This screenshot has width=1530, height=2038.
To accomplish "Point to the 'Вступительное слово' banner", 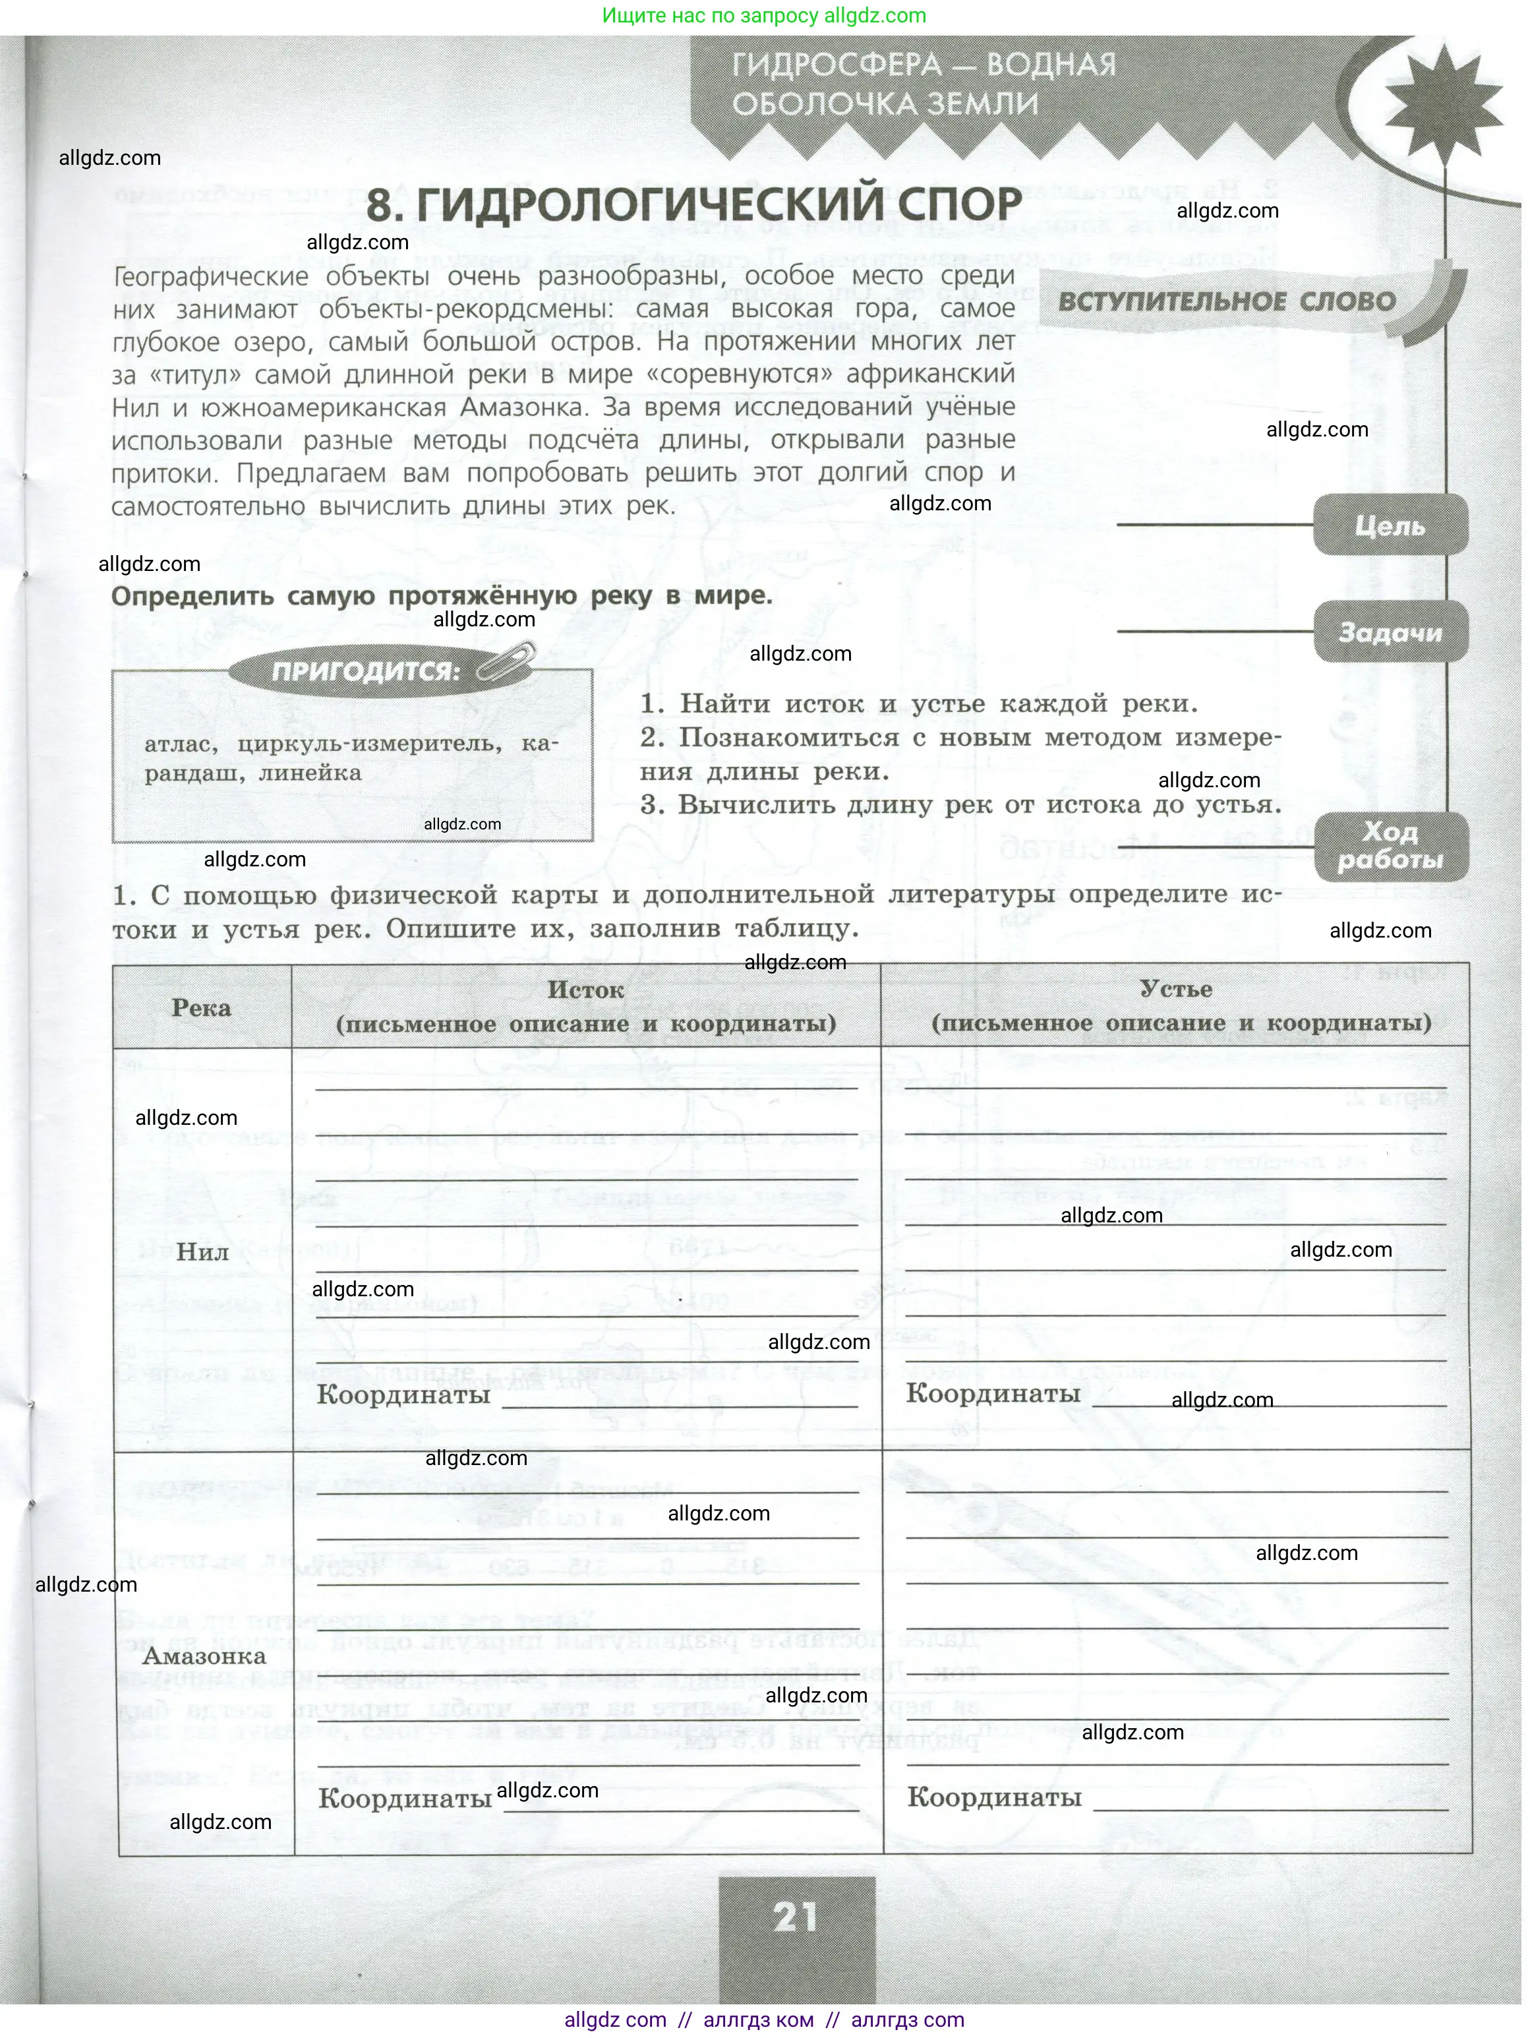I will [x=1226, y=302].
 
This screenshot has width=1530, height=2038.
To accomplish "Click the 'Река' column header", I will [x=201, y=1007].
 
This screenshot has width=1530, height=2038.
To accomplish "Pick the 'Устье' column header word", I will [x=1175, y=988].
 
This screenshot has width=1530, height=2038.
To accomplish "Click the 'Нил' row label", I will [x=202, y=1251].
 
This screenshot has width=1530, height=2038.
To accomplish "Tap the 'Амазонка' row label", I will [x=204, y=1656].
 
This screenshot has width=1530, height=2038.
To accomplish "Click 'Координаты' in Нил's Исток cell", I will [x=403, y=1394].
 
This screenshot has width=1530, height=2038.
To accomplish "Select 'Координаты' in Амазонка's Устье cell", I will [x=994, y=1797].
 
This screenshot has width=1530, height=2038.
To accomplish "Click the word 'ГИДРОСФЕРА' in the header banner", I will [x=837, y=65].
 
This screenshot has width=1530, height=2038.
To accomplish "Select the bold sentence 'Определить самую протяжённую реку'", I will [x=441, y=596].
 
